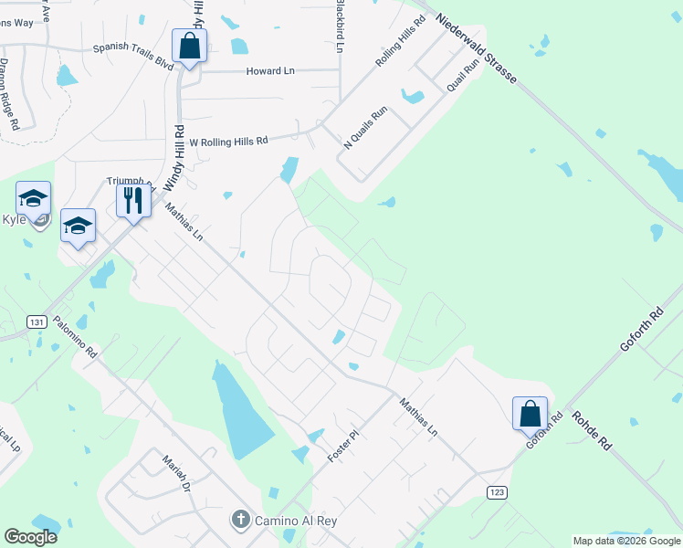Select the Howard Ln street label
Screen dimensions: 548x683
(269, 70)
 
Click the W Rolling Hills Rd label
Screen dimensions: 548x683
(228, 142)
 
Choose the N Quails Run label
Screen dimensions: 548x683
(365, 129)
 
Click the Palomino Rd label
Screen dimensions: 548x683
(75, 335)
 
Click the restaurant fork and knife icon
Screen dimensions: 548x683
(133, 200)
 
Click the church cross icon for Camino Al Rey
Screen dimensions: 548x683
(240, 520)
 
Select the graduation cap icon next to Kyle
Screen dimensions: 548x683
(33, 198)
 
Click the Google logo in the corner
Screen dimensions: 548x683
(30, 537)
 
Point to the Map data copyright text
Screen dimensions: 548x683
(626, 541)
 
